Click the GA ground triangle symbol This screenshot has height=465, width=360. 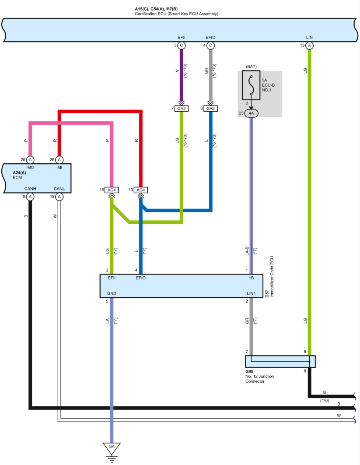(x=112, y=448)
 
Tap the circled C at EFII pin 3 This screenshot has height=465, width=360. (x=182, y=45)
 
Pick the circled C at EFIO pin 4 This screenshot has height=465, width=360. (x=211, y=45)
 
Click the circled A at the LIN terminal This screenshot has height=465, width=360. (x=310, y=45)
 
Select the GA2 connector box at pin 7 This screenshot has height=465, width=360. (x=182, y=108)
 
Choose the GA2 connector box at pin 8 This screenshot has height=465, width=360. (x=211, y=108)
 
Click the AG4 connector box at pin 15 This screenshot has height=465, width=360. (x=112, y=190)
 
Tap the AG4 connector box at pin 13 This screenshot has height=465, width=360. (x=141, y=190)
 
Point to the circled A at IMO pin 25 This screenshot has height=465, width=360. (x=30, y=160)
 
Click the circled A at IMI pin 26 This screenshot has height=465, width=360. (x=59, y=160)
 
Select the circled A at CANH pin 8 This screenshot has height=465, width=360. (x=30, y=197)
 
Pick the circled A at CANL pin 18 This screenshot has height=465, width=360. (x=59, y=197)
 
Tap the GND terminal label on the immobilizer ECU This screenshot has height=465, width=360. (x=112, y=293)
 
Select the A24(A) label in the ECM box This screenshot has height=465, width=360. (x=20, y=173)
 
